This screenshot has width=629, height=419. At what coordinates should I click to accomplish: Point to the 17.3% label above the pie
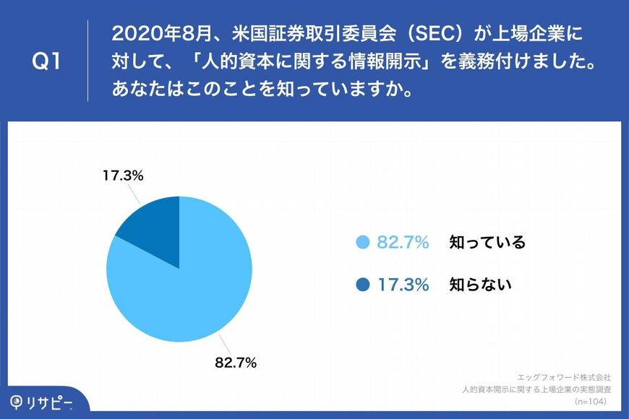tap(123, 176)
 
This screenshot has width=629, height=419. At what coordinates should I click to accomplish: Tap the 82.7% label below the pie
tap(236, 363)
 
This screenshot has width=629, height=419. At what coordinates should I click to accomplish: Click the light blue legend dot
tap(363, 242)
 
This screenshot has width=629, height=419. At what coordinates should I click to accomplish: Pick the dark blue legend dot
tap(363, 285)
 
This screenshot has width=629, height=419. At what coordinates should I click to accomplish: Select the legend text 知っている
tap(487, 242)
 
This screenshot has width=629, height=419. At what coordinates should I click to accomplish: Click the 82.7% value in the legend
tap(403, 242)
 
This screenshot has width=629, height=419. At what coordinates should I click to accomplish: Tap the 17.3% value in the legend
tap(403, 285)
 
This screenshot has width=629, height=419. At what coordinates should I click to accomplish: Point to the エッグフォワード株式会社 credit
tap(565, 377)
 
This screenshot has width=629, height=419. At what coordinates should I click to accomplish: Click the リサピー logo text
tap(52, 401)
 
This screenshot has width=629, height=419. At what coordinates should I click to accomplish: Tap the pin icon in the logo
tap(16, 401)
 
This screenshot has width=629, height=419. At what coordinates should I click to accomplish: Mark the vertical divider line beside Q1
tap(88, 61)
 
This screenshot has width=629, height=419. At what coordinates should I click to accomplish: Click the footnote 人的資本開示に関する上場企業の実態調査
tap(536, 389)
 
